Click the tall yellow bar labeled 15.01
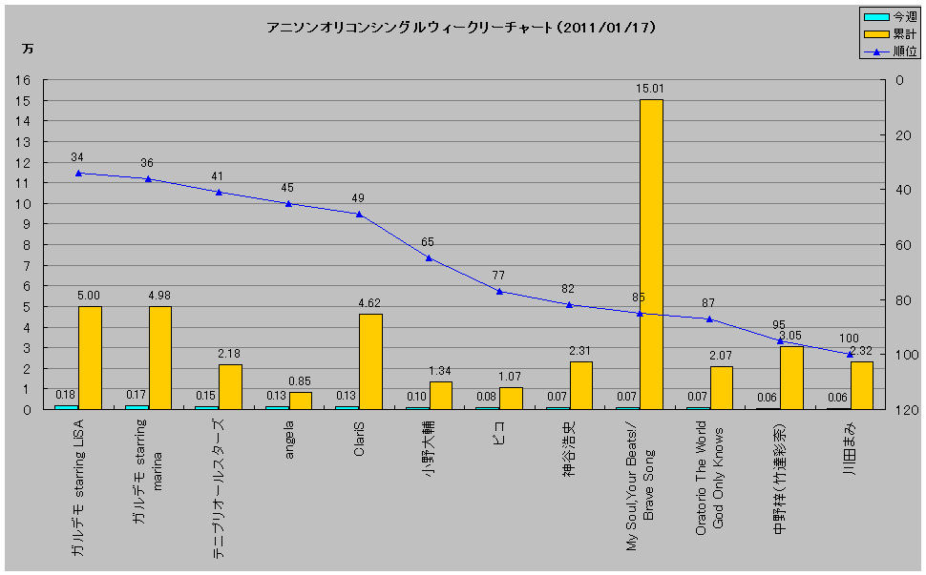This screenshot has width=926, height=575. tap(651, 254)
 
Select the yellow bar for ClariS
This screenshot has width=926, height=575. tap(370, 361)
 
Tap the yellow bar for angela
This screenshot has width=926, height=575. tap(300, 400)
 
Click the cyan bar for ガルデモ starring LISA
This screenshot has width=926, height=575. tap(66, 406)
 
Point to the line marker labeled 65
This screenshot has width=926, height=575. tap(429, 257)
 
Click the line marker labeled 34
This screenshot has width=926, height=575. tap(78, 173)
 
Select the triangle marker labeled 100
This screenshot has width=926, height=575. tap(850, 354)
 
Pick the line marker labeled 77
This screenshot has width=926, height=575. tap(499, 291)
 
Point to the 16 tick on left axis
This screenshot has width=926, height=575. tap(23, 80)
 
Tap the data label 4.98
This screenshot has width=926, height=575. tap(159, 295)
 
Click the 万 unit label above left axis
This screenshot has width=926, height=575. tap(28, 48)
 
